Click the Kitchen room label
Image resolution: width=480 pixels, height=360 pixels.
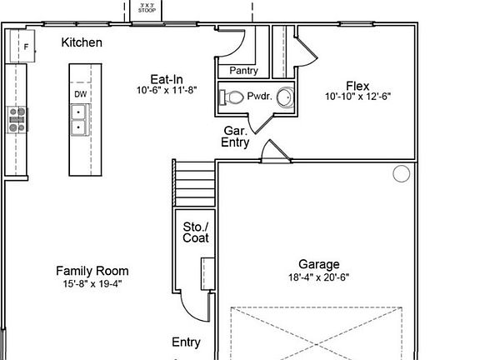82,42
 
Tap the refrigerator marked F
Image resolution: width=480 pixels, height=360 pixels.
22,46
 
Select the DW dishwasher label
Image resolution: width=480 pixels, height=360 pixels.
81,94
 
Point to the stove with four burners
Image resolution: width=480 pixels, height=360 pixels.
17,120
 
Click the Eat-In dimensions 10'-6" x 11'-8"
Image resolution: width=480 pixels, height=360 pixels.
167,90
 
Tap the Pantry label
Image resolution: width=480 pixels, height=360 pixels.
243,71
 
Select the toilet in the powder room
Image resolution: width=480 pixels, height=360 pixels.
232,97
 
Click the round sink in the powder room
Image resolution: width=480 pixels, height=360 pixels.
285,97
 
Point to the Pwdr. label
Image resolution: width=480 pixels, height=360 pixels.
260,96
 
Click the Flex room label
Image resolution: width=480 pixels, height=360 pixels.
357,86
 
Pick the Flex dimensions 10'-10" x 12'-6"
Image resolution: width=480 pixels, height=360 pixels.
357,97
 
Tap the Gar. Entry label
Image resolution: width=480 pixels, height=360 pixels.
235,137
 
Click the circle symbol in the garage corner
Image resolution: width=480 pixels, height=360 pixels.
402,173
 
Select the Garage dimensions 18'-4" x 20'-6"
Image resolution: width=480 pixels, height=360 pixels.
318,277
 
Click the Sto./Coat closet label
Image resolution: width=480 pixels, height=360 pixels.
196,232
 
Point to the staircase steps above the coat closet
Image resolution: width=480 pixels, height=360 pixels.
195,183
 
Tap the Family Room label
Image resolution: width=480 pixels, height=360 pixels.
92,271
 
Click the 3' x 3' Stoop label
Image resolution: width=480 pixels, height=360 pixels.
147,8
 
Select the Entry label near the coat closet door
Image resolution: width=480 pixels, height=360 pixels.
186,342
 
